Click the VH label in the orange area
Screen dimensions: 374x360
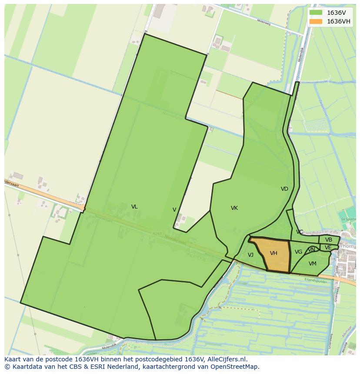click(x=273, y=253)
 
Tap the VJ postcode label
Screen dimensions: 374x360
click(x=250, y=255)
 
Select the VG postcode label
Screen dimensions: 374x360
click(x=298, y=252)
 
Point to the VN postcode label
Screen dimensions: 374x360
click(x=312, y=250)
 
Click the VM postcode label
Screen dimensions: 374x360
click(x=313, y=264)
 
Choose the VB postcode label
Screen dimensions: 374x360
click(x=329, y=240)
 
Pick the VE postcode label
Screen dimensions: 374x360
click(x=328, y=248)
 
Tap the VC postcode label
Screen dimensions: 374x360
click(x=300, y=232)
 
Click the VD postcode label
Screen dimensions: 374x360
click(x=284, y=189)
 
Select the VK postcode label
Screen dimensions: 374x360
click(x=234, y=208)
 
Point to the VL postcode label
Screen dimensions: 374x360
click(x=134, y=207)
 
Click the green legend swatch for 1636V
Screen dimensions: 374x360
click(x=316, y=13)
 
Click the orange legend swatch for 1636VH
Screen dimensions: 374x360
click(x=316, y=22)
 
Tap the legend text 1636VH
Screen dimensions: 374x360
click(x=338, y=22)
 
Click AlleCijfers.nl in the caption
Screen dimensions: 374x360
click(x=227, y=359)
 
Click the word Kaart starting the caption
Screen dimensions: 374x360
click(x=13, y=359)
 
